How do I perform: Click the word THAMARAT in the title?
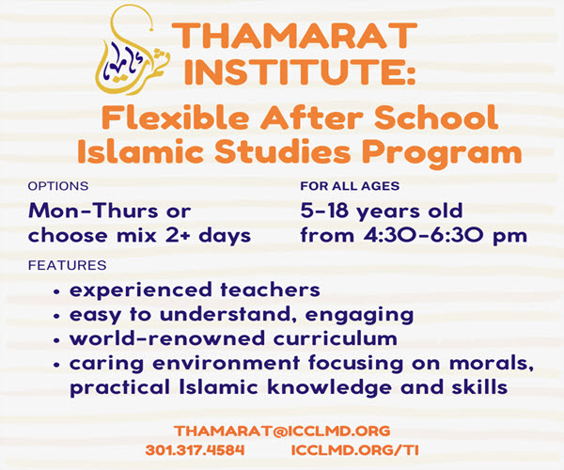294,35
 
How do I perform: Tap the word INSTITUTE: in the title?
300,72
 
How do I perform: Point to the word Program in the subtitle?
442,152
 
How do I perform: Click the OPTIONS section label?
58,186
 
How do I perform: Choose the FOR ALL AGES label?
350,186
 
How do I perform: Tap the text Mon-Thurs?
93,211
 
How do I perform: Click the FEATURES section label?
68,265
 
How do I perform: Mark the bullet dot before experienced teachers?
56,292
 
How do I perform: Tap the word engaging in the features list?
359,316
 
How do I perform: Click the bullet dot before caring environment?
56,366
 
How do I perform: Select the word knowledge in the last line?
330,388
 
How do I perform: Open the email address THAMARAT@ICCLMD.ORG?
282,431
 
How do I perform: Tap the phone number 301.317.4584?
195,450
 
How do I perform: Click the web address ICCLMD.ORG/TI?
355,450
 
